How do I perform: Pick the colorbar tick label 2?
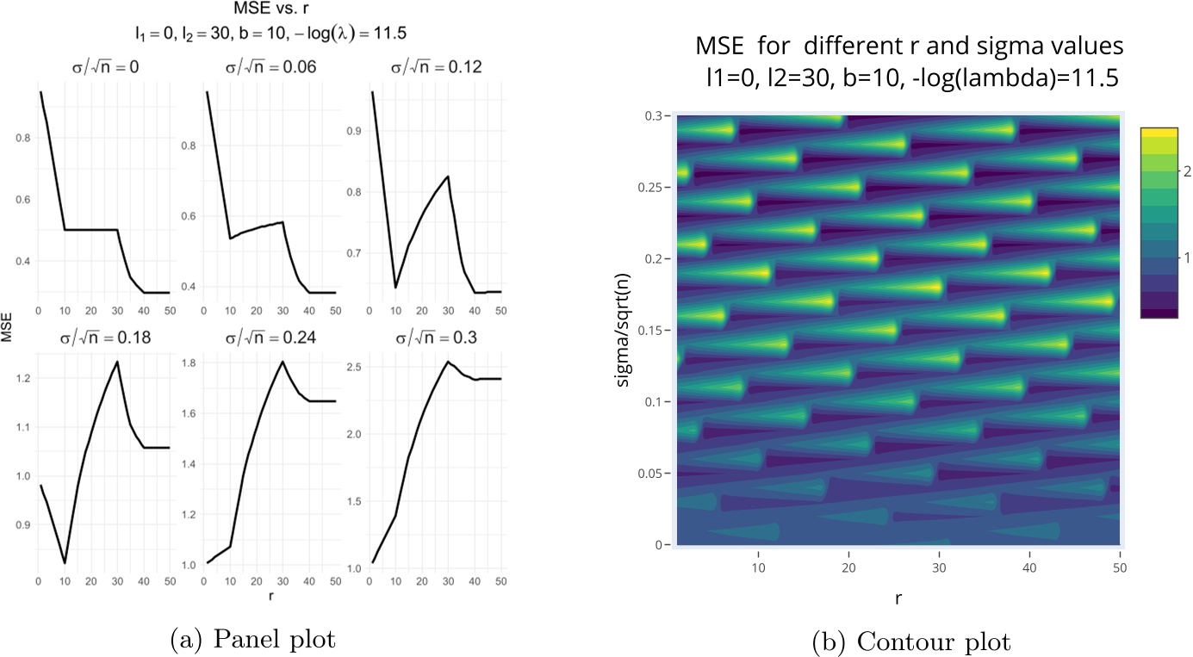(1177, 172)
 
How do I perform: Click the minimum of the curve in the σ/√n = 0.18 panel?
(64, 563)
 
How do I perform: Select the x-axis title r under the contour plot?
(898, 592)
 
